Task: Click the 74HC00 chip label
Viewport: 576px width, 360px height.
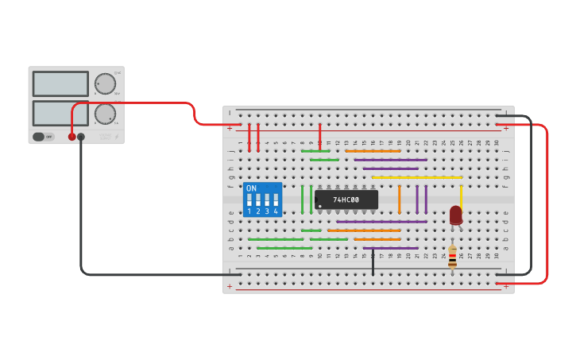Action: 346,199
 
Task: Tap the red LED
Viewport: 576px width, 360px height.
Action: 455,215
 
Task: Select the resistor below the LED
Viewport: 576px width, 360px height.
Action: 452,256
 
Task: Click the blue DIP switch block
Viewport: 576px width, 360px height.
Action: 262,199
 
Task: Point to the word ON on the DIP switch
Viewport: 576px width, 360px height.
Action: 251,188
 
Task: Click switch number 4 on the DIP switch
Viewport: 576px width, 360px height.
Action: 276,203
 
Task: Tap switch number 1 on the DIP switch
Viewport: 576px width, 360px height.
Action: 249,203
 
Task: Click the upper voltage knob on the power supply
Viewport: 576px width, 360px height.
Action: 105,83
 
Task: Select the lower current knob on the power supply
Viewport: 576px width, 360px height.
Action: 105,114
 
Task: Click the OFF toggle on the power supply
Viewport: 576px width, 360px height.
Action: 43,137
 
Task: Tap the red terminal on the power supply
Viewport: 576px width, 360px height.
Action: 72,137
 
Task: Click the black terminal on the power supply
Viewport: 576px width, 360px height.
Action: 81,137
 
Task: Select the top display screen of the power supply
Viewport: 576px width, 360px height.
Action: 60,83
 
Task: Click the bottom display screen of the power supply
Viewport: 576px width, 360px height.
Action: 60,113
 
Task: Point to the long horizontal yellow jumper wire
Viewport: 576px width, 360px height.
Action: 416,177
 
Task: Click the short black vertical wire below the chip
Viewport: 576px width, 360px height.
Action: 373,262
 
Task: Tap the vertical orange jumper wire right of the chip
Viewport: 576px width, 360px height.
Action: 399,199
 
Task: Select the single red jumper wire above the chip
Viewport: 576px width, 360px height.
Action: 319,136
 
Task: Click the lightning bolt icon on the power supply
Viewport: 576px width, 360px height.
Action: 117,137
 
